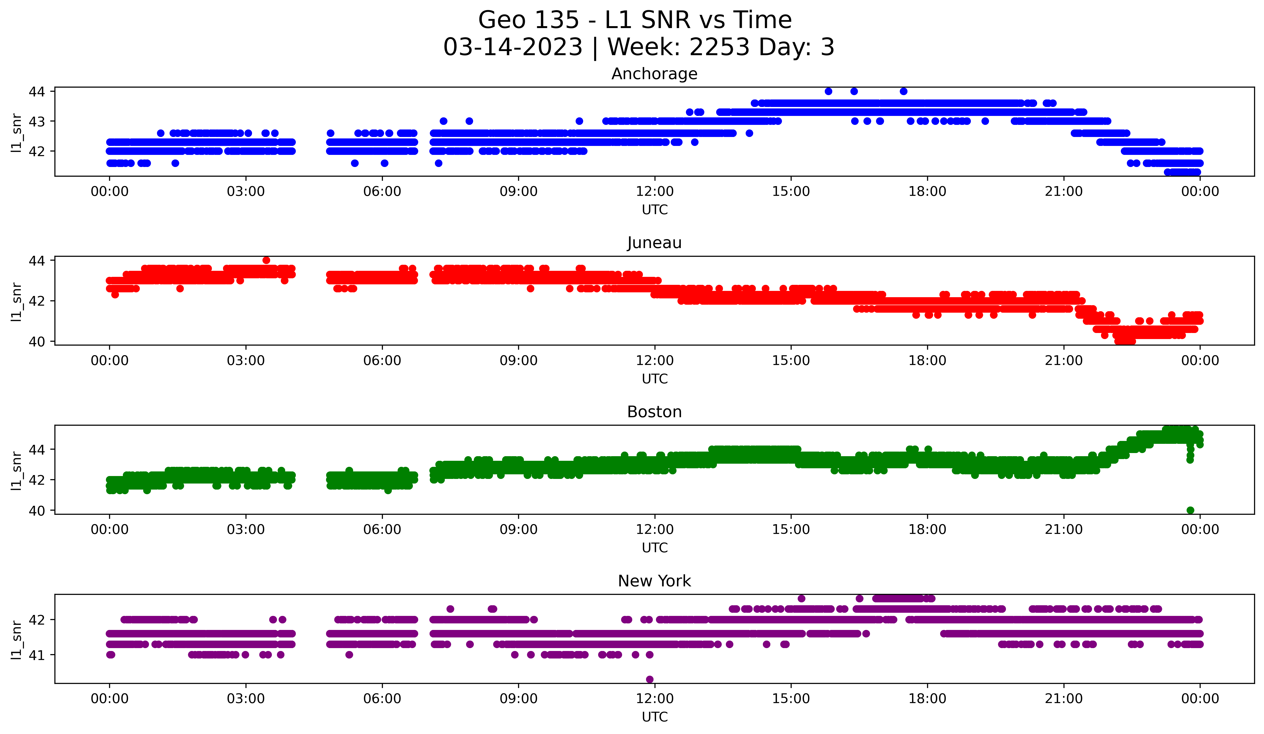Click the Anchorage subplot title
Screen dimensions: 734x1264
click(x=654, y=74)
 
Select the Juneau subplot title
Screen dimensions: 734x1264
click(x=654, y=243)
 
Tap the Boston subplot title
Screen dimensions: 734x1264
click(x=654, y=412)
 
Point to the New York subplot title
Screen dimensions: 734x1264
click(x=654, y=581)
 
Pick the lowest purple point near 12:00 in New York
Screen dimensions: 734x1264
click(x=650, y=679)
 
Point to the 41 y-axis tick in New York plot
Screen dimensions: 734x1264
click(x=37, y=655)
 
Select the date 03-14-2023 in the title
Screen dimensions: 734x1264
click(x=513, y=47)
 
